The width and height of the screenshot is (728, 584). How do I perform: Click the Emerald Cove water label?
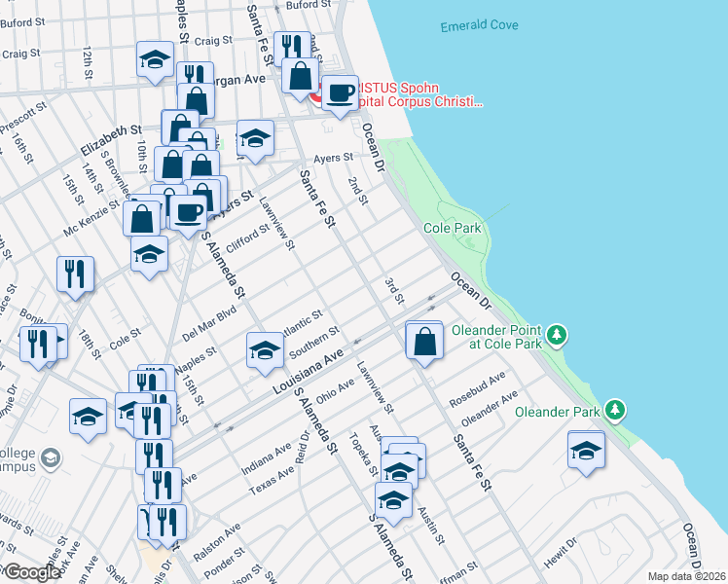pos(479,25)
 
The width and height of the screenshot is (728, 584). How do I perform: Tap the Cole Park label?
pos(453,228)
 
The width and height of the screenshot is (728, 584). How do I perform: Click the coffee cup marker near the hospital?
pos(340,93)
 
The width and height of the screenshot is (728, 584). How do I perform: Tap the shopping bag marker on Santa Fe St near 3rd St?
pos(424,342)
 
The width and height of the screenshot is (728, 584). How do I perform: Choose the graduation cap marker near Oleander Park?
pos(586,451)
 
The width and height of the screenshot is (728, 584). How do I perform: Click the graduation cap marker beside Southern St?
pos(264,350)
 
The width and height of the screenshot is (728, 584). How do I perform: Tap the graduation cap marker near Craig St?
pos(155,59)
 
